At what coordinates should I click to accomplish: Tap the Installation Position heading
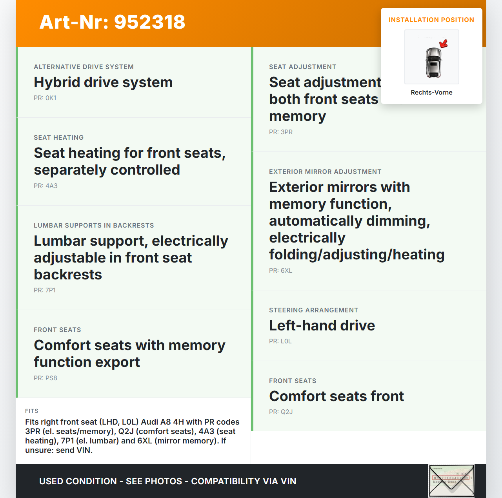click(x=431, y=20)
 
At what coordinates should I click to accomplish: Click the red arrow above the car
click(x=444, y=43)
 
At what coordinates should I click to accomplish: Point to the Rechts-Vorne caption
click(x=431, y=92)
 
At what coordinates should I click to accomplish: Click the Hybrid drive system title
click(x=103, y=82)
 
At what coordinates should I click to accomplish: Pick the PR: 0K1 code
click(x=45, y=98)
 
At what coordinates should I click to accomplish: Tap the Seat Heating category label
click(x=59, y=137)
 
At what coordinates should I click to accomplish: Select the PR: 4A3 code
click(x=45, y=186)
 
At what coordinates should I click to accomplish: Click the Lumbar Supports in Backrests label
click(x=94, y=225)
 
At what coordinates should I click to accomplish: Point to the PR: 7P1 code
click(x=45, y=290)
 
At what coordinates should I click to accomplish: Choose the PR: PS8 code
click(x=45, y=378)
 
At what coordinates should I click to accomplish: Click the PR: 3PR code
click(x=281, y=132)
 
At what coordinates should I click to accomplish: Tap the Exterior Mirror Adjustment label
click(x=325, y=171)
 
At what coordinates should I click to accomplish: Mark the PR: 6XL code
click(x=280, y=270)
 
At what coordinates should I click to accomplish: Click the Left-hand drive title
click(x=322, y=326)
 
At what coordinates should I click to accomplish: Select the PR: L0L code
click(x=280, y=341)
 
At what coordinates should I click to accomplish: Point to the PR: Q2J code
click(x=281, y=412)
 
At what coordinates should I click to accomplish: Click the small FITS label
click(x=32, y=411)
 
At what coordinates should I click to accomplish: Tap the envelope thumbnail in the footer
click(x=451, y=481)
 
